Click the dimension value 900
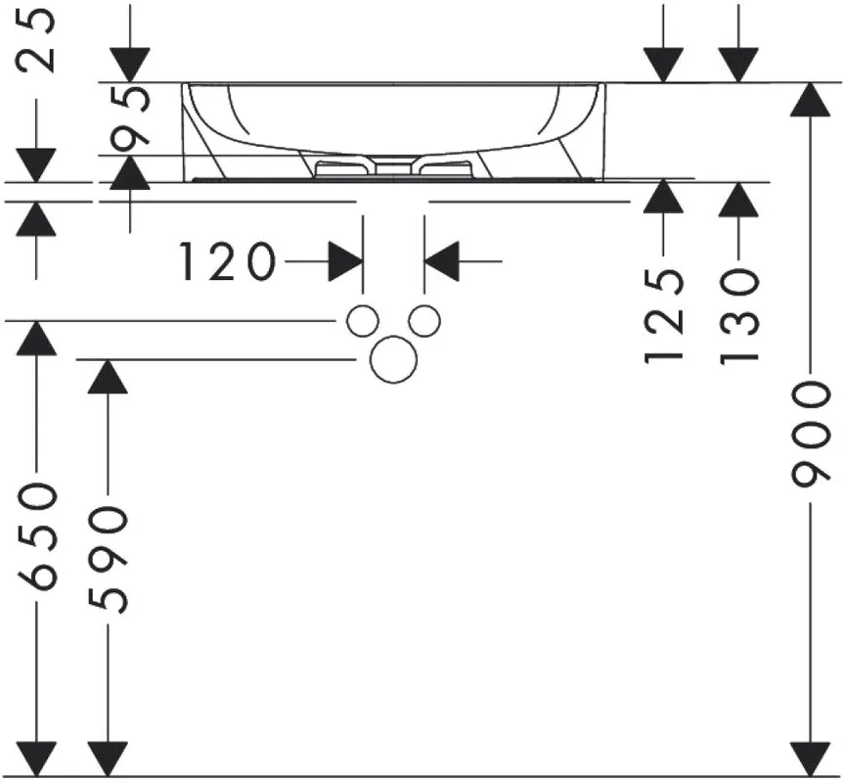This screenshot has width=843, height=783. (810, 435)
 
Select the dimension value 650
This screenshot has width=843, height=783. (36, 537)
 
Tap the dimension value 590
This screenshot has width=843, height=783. (108, 560)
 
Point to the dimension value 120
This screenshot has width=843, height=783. (227, 261)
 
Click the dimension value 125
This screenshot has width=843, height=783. (663, 316)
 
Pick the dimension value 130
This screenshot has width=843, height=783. (738, 317)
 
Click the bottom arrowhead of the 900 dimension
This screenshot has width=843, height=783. (810, 759)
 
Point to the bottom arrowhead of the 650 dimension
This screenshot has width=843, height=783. (36, 759)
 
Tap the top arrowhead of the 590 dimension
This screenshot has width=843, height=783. (108, 377)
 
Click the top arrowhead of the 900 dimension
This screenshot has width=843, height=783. (810, 100)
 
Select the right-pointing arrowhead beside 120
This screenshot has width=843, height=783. (345, 261)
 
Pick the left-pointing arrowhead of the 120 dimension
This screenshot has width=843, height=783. (442, 261)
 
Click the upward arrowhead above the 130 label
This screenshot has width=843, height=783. (738, 200)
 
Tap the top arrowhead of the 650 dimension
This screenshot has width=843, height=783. (36, 338)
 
